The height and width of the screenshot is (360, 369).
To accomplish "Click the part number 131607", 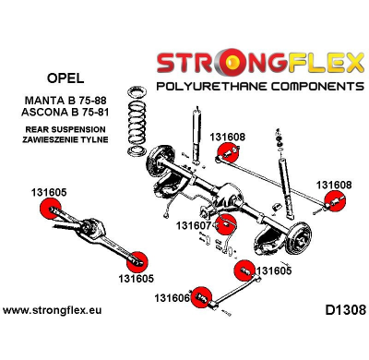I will [194, 225].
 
